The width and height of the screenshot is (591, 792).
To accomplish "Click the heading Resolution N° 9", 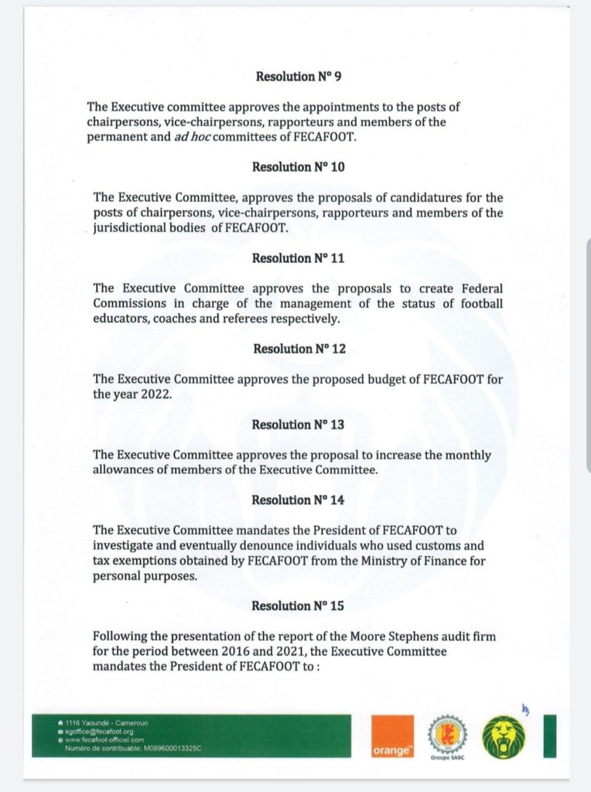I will click(295, 77).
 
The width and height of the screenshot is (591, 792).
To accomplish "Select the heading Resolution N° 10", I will click(298, 167).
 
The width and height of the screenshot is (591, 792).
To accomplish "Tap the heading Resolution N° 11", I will click(298, 258).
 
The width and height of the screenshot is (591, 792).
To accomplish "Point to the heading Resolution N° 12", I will click(299, 349).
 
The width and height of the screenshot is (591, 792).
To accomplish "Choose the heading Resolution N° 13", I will click(298, 425).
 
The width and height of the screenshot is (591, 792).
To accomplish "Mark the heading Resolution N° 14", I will click(298, 500).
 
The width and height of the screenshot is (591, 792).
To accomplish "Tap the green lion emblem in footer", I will click(504, 736).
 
